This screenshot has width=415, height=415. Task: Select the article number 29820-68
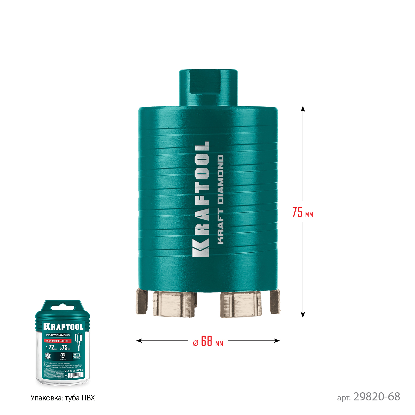click(x=376, y=397)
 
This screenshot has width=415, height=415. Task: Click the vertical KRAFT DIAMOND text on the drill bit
click(x=221, y=199)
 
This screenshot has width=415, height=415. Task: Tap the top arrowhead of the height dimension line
click(x=303, y=108)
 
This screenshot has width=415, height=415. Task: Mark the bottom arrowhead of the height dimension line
click(x=303, y=315)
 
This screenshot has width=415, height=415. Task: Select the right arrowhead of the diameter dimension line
click(x=277, y=341)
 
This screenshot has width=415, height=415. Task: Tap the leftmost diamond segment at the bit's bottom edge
click(x=141, y=302)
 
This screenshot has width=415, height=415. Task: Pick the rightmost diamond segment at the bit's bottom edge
click(x=275, y=302)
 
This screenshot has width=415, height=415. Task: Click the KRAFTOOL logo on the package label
click(x=63, y=326)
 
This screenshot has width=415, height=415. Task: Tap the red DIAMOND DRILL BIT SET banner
click(x=58, y=341)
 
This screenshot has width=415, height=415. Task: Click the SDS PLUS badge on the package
click(x=48, y=356)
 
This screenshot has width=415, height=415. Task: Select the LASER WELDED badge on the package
click(x=76, y=356)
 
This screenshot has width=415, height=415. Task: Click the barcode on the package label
click(x=76, y=376)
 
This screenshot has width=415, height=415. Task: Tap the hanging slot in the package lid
click(x=63, y=308)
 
